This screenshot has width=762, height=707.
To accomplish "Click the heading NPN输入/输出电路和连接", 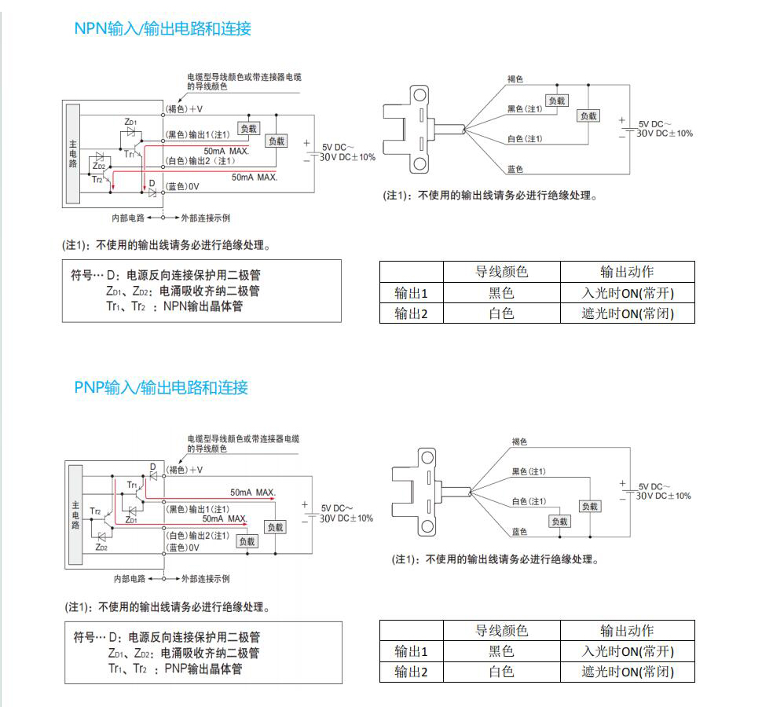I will pyautogui.click(x=163, y=29).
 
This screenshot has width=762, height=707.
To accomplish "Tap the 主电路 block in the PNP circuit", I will pyautogui.click(x=75, y=515).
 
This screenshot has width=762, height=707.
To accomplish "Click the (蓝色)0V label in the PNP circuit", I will pyautogui.click(x=183, y=548).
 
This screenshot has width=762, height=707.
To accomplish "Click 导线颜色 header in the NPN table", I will pyautogui.click(x=501, y=272).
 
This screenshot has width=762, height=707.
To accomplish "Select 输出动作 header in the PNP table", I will pyautogui.click(x=627, y=631).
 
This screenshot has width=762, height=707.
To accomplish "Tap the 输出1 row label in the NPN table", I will pyautogui.click(x=411, y=293).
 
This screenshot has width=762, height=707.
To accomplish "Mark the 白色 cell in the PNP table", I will pyautogui.click(x=501, y=672).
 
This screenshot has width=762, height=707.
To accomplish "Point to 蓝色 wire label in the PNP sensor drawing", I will pyautogui.click(x=519, y=532).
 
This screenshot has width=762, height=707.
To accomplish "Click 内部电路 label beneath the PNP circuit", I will pyautogui.click(x=129, y=578).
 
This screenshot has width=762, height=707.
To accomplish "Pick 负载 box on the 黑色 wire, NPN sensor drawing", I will pyautogui.click(x=556, y=101).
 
